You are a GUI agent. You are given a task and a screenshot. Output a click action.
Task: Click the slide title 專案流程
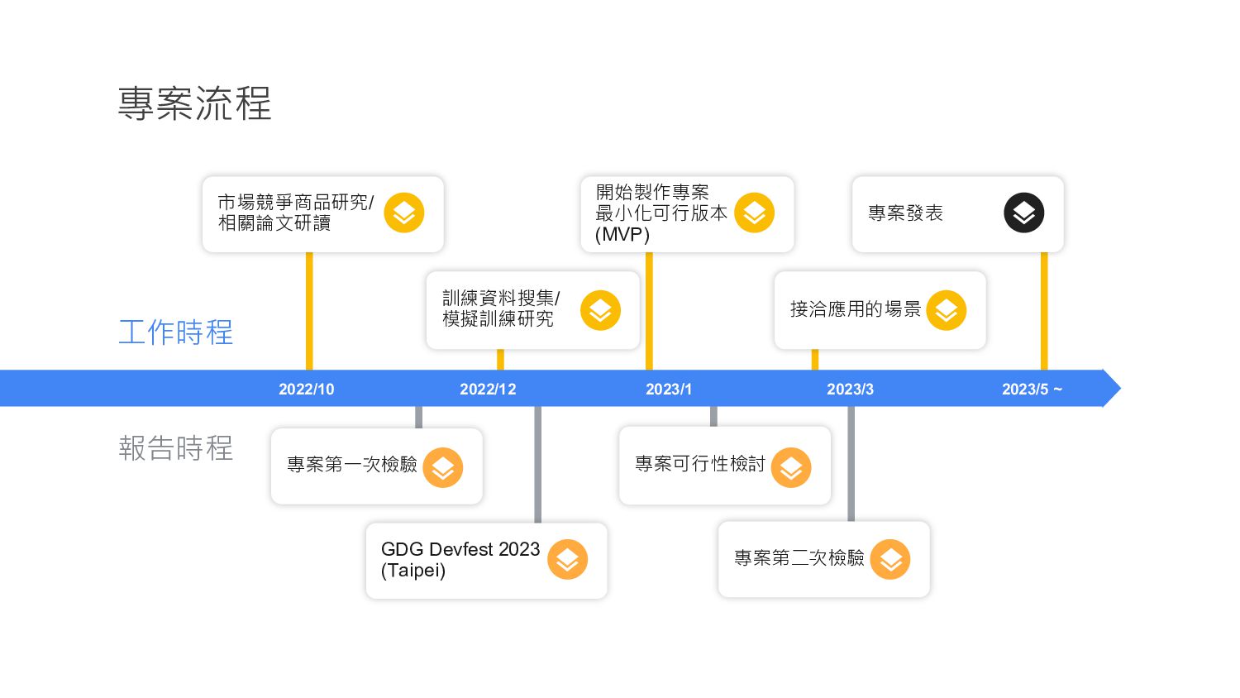pos(194,104)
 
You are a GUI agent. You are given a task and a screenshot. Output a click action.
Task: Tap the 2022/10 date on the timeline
pos(306,390)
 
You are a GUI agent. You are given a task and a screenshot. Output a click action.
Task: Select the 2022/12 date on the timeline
pos(488,390)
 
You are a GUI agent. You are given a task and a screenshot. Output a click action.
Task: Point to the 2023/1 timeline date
pos(669,390)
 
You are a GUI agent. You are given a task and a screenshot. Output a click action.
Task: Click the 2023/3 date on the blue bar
pos(850,390)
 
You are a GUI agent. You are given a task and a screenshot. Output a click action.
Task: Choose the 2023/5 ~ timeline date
pos(1032,390)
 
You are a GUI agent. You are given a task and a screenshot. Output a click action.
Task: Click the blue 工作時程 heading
pos(176,332)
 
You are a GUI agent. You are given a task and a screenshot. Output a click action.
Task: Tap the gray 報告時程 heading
pos(176,448)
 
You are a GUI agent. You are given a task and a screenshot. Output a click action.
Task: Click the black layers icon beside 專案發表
pos(1023,213)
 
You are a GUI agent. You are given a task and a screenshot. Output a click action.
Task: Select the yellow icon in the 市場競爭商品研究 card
pos(404,213)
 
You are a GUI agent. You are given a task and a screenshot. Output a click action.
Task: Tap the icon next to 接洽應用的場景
pos(947,311)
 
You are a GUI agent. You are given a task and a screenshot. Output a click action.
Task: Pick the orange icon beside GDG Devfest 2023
pos(567,560)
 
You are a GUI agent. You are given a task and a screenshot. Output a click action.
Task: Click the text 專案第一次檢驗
pos(352,465)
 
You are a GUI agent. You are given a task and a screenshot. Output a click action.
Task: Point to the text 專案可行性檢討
pos(700,464)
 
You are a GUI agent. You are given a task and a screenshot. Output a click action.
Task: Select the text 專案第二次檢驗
pos(799,558)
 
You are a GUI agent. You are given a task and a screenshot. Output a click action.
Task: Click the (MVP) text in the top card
pos(622,235)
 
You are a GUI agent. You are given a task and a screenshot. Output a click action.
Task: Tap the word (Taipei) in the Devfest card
pos(413,571)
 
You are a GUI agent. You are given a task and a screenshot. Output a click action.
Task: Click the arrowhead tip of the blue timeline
pos(1117,388)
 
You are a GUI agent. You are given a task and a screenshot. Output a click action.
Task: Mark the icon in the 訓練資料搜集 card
pos(600,311)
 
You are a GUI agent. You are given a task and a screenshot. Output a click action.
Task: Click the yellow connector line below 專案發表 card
pos(1044,310)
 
